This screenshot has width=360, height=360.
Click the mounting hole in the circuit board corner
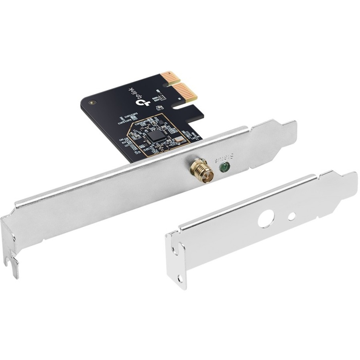(x=93, y=102)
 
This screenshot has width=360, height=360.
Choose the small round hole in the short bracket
(x=292, y=216)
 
